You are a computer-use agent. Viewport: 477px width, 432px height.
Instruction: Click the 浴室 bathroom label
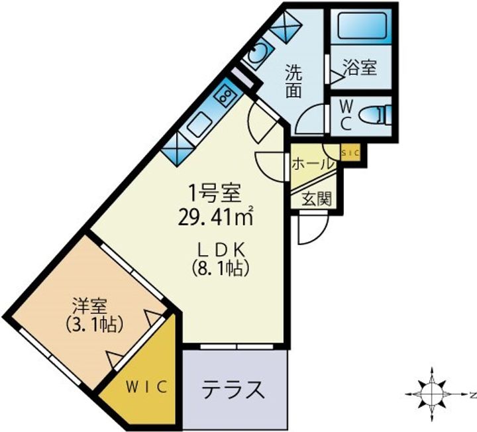click(360, 67)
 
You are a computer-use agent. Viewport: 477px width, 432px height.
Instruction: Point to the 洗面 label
click(294, 80)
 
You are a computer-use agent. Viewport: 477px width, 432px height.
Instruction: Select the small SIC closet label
click(349, 152)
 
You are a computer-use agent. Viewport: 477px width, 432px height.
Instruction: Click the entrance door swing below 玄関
click(309, 229)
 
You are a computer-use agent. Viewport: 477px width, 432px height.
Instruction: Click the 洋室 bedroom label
click(90, 305)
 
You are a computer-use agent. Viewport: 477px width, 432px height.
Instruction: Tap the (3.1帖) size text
click(95, 325)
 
